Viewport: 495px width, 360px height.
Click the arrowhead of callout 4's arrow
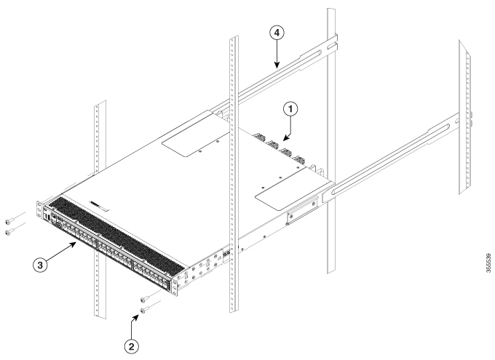pyautogui.click(x=277, y=68)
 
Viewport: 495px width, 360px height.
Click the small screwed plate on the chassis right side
pyautogui.click(x=300, y=215)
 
